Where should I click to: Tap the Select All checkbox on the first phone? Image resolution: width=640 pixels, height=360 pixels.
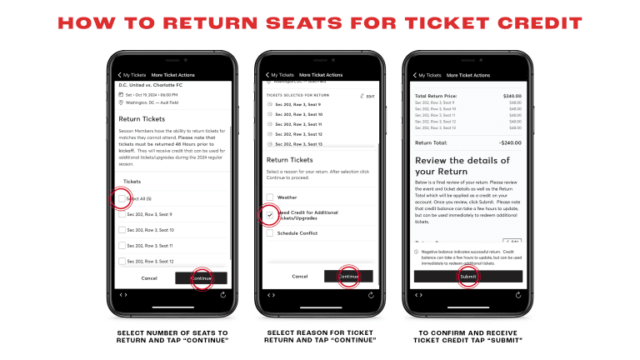point(122,198)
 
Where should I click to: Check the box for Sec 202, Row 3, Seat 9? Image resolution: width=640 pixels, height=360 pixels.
point(122,214)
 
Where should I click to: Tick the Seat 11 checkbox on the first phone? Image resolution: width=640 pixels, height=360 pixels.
point(122,246)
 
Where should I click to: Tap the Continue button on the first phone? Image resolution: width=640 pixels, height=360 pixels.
point(201,277)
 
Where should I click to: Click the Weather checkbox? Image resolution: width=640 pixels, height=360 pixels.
point(270,197)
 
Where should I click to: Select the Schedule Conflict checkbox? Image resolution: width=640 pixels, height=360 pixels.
point(270,233)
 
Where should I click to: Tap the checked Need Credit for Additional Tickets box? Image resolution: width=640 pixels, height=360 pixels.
point(270,215)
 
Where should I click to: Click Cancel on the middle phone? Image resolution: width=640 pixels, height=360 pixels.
point(299,276)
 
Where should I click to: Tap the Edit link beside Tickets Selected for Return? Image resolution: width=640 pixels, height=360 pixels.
point(366,97)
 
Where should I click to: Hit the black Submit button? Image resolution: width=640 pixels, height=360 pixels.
point(468,277)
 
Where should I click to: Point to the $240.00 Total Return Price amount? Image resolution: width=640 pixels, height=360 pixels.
point(509,96)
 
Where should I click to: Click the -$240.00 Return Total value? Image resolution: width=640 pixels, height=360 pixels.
point(507,142)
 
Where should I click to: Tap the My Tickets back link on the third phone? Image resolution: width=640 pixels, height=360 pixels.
point(427,75)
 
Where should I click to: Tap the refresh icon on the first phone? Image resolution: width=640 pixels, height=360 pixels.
point(222,294)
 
